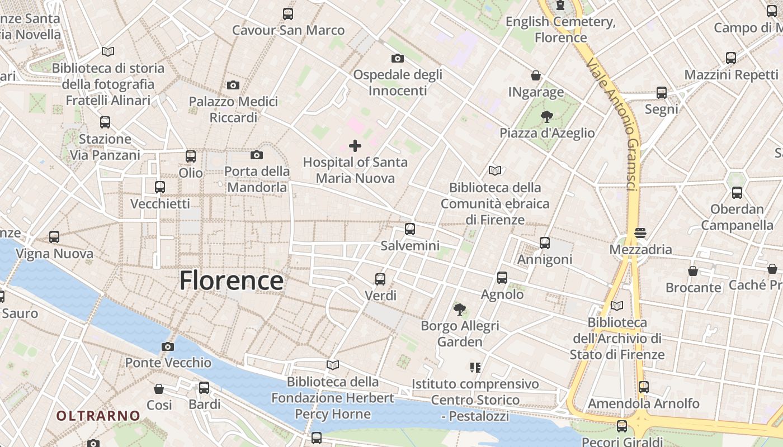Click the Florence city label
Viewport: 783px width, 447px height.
tap(231, 280)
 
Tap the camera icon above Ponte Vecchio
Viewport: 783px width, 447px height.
tap(167, 347)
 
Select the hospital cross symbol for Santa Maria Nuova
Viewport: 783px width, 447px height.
tap(355, 146)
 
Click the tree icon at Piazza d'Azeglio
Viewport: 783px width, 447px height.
tap(546, 117)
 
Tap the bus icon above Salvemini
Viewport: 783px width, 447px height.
tap(410, 229)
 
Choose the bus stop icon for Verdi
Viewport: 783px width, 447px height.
tap(380, 279)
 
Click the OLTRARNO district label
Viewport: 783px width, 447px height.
tap(98, 416)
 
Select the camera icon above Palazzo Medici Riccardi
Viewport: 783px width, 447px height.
tap(233, 85)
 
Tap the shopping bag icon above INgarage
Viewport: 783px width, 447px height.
tap(536, 75)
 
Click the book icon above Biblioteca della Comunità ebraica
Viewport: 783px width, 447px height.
tap(494, 171)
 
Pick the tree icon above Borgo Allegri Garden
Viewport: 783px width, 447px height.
tap(460, 309)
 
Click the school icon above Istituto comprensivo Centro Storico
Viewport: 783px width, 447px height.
tap(475, 368)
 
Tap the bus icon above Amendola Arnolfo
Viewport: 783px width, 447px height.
tap(643, 387)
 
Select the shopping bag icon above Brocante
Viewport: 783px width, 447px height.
tap(693, 271)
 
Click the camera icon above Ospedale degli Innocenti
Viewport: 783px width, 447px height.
tap(397, 58)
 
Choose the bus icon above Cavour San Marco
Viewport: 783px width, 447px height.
tap(288, 14)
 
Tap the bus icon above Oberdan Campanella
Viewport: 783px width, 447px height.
tap(737, 193)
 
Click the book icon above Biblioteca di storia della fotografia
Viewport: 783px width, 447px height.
tap(108, 52)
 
